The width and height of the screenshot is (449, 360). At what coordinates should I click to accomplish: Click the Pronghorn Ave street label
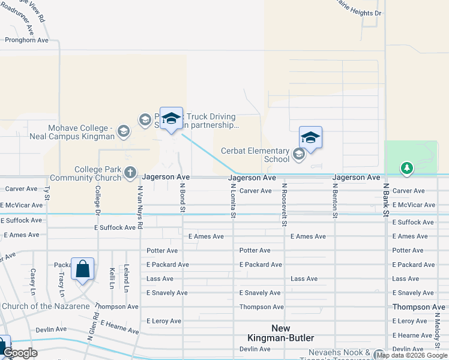click(x=26, y=40)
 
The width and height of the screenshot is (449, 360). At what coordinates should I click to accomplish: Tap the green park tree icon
click(x=407, y=168)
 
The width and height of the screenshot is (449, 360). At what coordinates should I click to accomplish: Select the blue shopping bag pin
click(x=82, y=269)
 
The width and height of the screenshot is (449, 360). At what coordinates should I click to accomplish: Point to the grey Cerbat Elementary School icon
click(x=298, y=155)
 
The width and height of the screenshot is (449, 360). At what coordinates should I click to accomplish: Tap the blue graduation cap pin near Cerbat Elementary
click(x=310, y=138)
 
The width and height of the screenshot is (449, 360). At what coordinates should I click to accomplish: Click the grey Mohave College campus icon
click(x=124, y=131)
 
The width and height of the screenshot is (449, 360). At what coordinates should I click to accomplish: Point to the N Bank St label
click(x=386, y=200)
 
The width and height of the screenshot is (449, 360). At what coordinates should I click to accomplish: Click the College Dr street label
click(x=97, y=199)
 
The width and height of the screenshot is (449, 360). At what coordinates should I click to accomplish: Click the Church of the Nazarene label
click(x=46, y=306)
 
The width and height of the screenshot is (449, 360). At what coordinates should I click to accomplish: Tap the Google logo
click(x=20, y=353)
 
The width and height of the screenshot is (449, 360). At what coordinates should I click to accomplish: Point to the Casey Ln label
click(x=33, y=277)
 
